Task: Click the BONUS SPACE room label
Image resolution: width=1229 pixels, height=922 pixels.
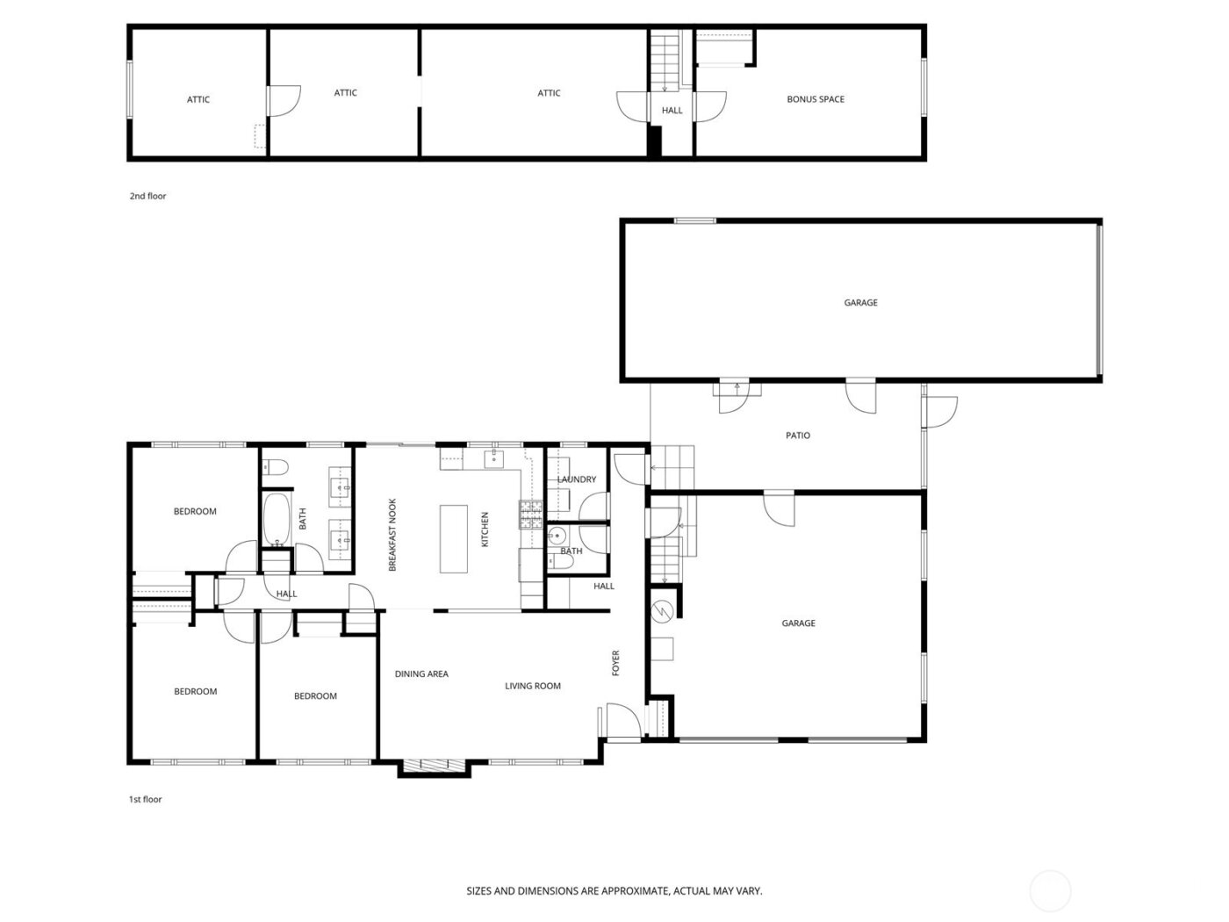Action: pyautogui.click(x=815, y=99)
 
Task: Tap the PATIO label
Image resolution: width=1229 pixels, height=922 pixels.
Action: pyautogui.click(x=797, y=436)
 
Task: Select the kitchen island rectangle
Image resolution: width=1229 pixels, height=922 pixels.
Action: pyautogui.click(x=454, y=538)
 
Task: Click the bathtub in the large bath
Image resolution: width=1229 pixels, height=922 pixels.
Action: pyautogui.click(x=277, y=521)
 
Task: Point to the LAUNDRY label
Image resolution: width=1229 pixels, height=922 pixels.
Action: pyautogui.click(x=577, y=479)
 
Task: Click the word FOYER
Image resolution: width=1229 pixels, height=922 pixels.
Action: pyautogui.click(x=615, y=663)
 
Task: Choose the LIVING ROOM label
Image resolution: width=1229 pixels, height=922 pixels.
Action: pyautogui.click(x=532, y=686)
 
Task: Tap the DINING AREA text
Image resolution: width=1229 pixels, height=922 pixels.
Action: pyautogui.click(x=421, y=674)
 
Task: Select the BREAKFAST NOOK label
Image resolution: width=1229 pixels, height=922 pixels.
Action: pyautogui.click(x=392, y=536)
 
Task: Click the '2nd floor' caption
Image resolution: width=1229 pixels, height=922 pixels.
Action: pyautogui.click(x=147, y=196)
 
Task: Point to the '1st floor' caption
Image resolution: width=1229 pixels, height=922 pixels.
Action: pyautogui.click(x=146, y=799)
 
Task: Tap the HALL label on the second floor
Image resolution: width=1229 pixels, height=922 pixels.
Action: pyautogui.click(x=672, y=111)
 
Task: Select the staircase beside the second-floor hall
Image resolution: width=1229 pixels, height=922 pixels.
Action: pyautogui.click(x=665, y=61)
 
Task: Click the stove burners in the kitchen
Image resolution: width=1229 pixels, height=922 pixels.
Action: pyautogui.click(x=530, y=514)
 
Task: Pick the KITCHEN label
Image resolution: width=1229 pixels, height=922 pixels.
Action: pyautogui.click(x=484, y=529)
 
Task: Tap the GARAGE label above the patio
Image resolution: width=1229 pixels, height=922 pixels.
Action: pyautogui.click(x=860, y=302)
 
